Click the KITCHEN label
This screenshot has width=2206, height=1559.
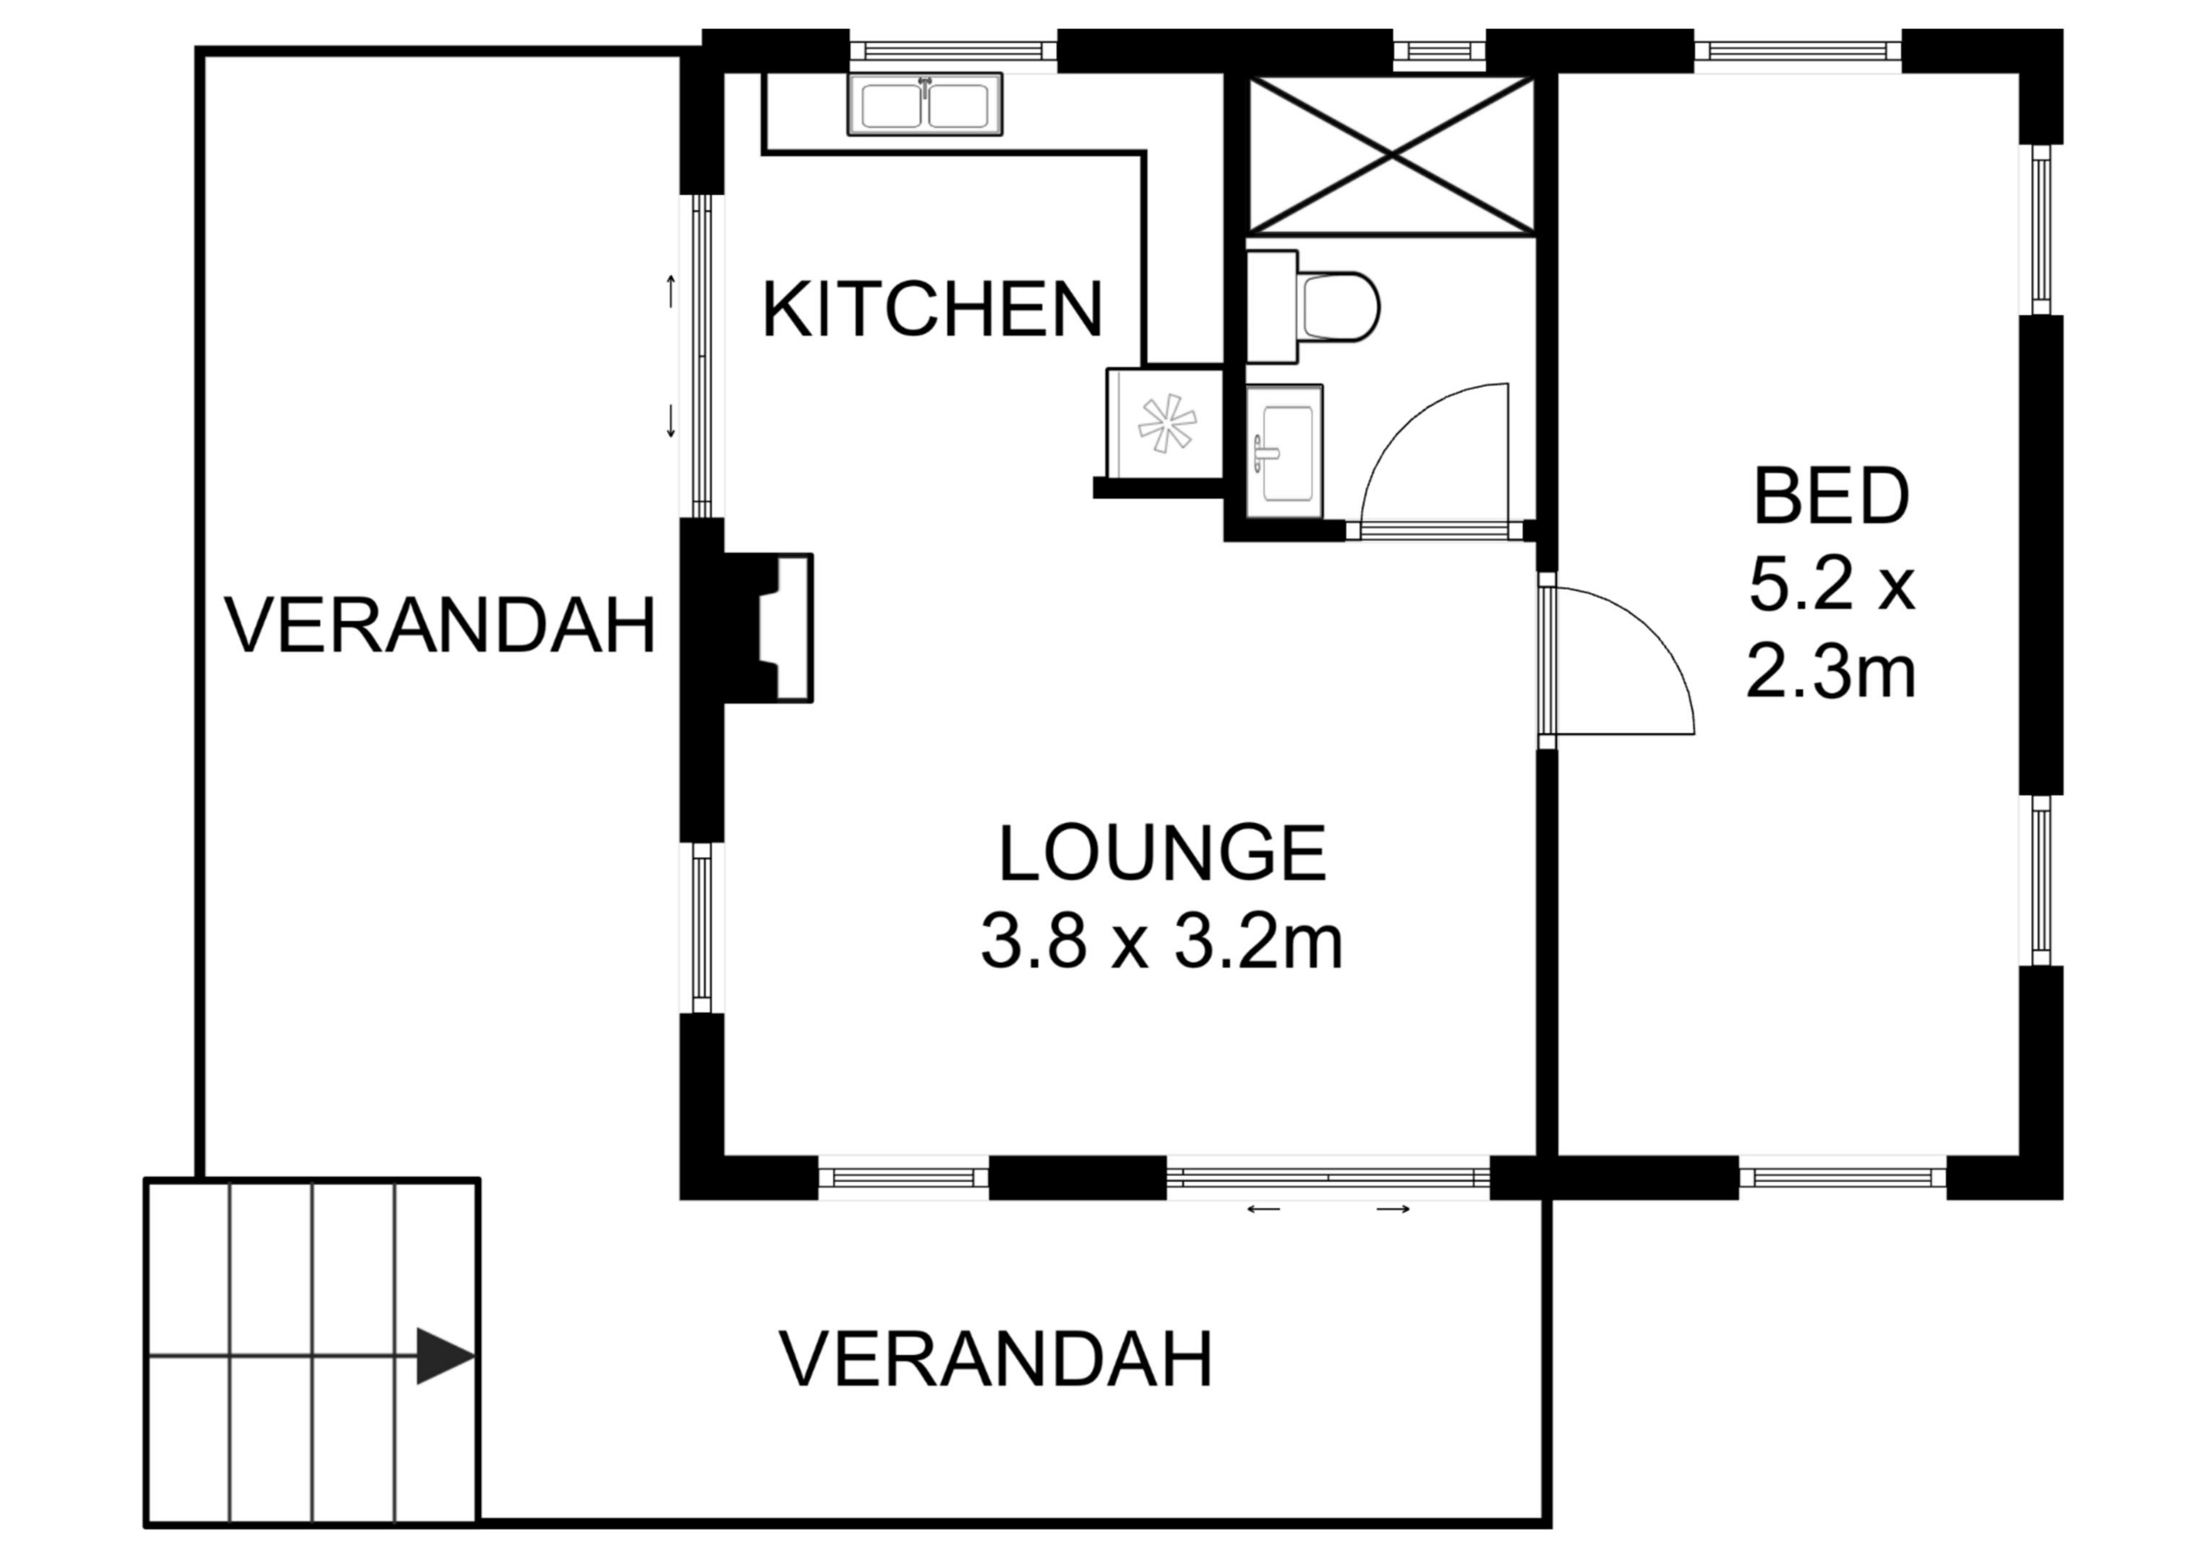(931, 310)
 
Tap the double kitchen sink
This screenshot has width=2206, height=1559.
(924, 105)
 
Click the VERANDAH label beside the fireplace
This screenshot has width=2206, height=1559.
(440, 626)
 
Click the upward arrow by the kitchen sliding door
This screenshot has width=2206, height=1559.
(670, 291)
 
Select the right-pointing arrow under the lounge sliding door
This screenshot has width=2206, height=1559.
(1393, 1209)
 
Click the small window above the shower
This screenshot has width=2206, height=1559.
(1438, 51)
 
